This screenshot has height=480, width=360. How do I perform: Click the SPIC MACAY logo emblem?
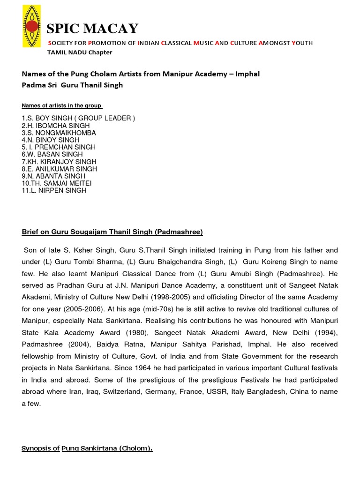[x=31, y=27]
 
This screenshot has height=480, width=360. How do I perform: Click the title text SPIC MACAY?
[x=93, y=29]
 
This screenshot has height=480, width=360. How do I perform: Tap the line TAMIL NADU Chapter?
[x=80, y=52]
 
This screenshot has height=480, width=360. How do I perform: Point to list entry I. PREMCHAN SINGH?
[x=59, y=147]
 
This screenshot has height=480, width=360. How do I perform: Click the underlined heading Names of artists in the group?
[x=62, y=105]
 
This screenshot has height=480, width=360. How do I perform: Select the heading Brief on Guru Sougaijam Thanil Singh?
[x=112, y=232]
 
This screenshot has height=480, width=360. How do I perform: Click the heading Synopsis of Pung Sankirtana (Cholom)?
[x=87, y=449]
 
